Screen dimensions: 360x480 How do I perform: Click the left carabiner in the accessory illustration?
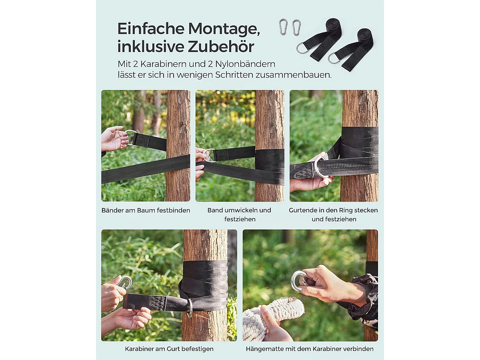283,27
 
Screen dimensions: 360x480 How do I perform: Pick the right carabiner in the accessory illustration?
296,27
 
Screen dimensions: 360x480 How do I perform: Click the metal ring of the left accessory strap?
302,48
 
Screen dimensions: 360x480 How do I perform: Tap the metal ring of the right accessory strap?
334,58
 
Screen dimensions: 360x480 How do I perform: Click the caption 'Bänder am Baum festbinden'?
146,210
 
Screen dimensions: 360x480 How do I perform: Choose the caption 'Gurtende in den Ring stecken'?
333,210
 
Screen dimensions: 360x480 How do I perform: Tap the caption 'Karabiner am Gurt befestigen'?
169,349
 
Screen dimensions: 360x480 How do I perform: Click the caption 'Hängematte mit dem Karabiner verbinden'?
310,349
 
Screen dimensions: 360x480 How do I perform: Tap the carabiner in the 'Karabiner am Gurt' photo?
125,282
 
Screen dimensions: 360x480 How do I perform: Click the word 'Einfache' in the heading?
150,29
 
